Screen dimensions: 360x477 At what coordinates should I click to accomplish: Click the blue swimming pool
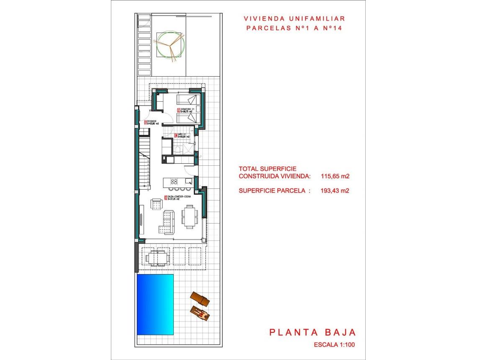click(155, 304)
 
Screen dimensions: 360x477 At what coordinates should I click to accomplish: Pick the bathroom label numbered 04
click(182, 135)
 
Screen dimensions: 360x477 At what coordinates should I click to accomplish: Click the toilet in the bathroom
click(179, 150)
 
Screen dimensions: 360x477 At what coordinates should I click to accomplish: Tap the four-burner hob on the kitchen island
click(174, 182)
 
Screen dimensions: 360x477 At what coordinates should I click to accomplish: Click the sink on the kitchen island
click(189, 182)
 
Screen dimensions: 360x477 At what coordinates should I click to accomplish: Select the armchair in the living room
click(156, 205)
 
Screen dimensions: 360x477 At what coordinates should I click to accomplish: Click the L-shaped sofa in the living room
click(166, 223)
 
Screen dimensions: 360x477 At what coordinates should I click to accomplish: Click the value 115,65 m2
click(335, 176)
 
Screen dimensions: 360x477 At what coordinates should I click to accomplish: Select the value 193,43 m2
click(335, 190)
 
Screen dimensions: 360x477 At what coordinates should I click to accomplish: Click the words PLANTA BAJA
click(312, 332)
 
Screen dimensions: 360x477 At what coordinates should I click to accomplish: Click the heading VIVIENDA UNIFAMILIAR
click(294, 18)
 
